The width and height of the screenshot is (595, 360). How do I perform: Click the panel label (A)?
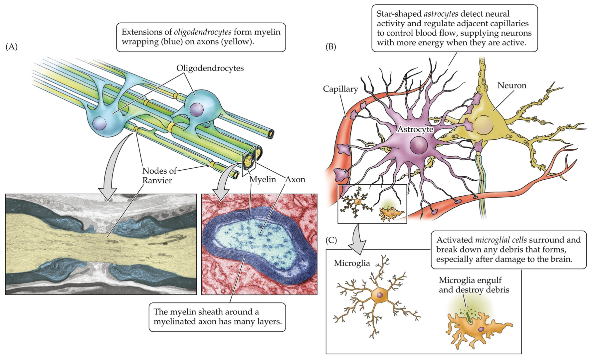click(x=11, y=47)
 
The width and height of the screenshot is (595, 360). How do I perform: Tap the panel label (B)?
click(x=330, y=47)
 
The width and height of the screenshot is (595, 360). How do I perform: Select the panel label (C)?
click(x=331, y=240)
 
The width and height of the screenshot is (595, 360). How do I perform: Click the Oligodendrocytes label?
click(x=210, y=68)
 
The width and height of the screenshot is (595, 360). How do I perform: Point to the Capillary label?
click(x=340, y=89)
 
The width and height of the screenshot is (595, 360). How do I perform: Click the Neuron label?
click(x=511, y=86)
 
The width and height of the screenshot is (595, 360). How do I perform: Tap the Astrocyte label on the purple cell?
click(x=416, y=129)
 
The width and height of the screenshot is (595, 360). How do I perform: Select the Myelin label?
click(x=263, y=180)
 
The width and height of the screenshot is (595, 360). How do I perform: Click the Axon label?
click(x=295, y=180)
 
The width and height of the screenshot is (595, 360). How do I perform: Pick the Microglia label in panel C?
click(x=352, y=263)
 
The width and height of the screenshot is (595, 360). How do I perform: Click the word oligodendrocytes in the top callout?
click(x=202, y=32)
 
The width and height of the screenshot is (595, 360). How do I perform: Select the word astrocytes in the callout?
click(x=441, y=14)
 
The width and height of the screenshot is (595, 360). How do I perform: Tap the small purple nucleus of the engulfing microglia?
click(x=481, y=329)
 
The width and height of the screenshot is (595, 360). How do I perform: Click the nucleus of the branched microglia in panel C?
click(x=380, y=295)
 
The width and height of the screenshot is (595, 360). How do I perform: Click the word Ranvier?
click(x=157, y=181)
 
